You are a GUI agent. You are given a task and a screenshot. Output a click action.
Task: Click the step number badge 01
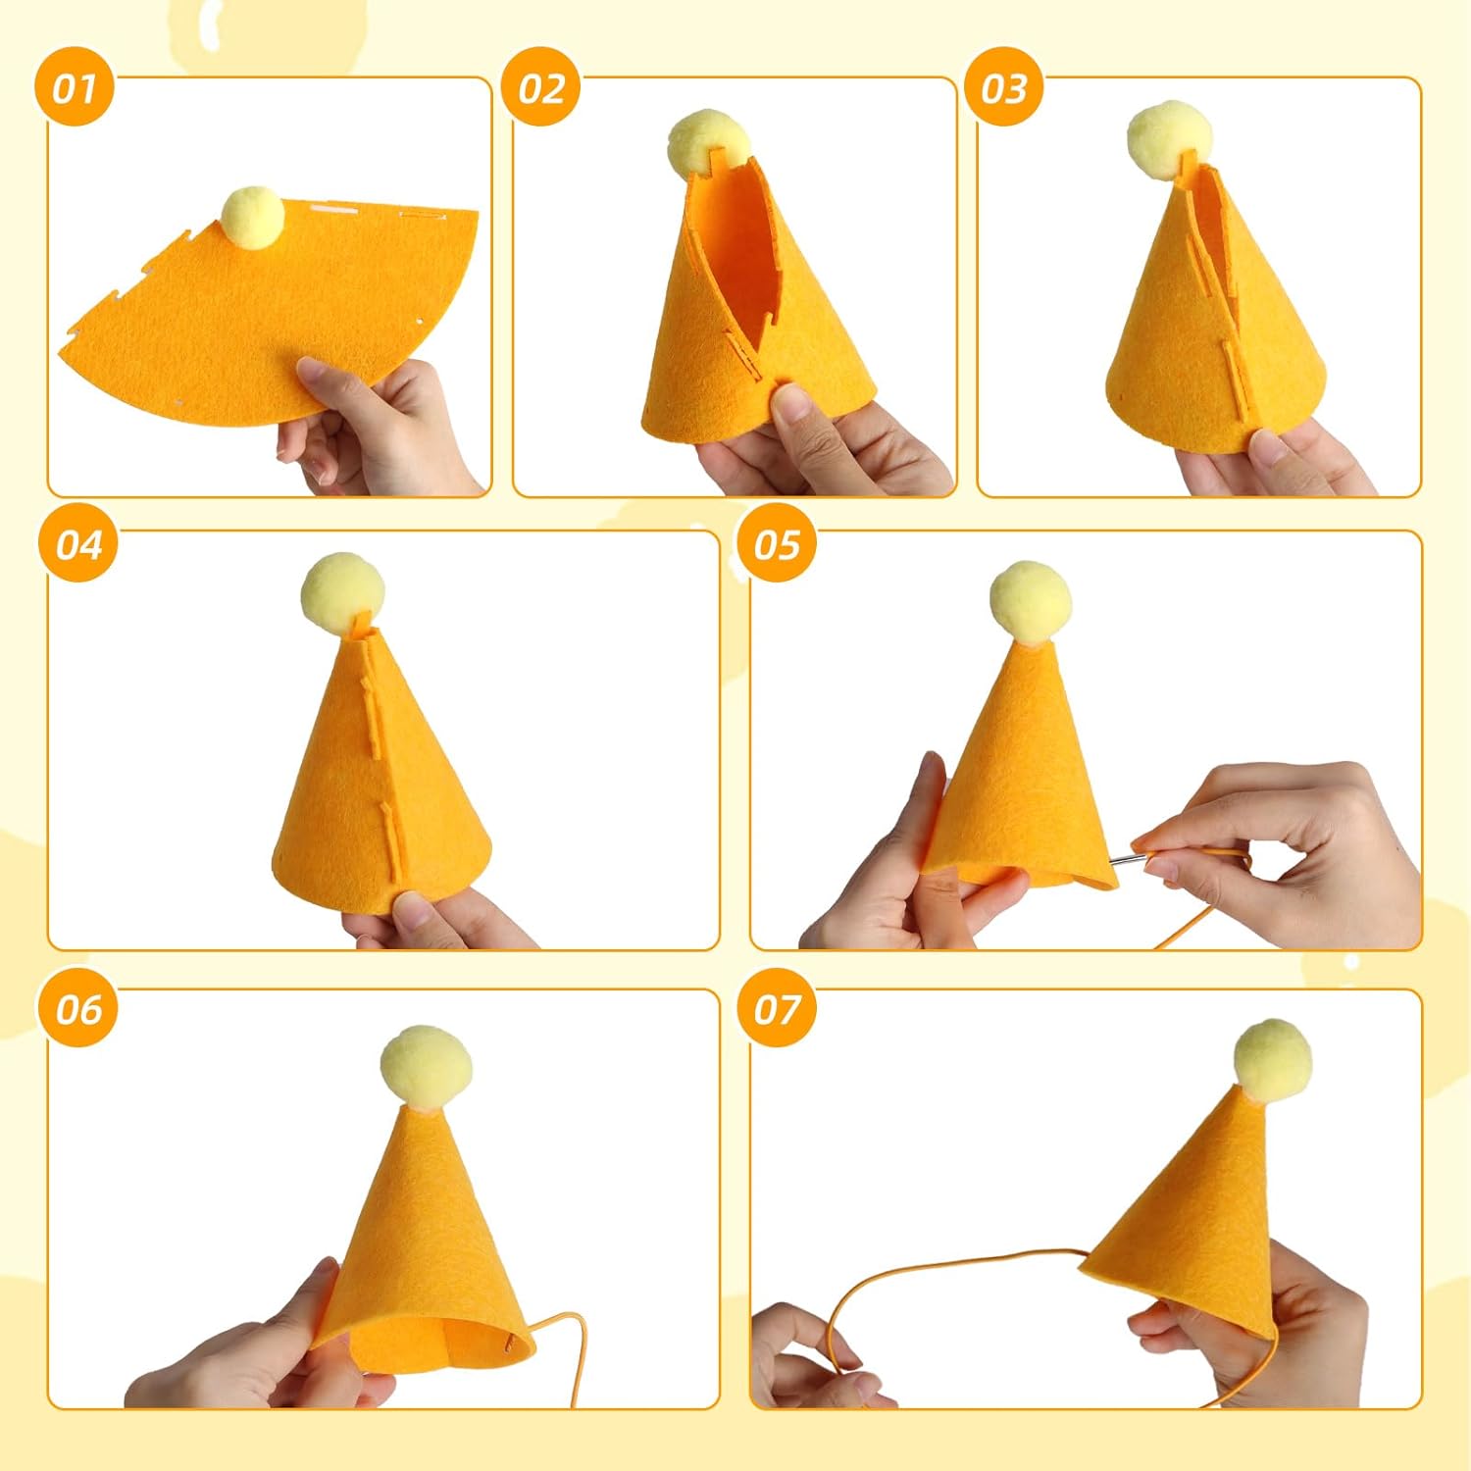coord(76,88)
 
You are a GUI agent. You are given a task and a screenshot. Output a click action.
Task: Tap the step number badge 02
coord(540,88)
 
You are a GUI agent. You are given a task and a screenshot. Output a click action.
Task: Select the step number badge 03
coord(1004,88)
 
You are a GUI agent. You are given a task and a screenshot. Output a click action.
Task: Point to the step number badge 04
coord(78,543)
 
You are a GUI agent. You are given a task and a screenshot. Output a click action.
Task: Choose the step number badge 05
coord(778,543)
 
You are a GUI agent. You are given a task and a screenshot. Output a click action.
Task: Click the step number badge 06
coord(78,1007)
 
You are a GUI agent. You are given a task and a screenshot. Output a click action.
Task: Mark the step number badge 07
coord(778,1007)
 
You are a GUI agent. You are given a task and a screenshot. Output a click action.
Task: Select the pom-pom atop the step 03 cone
coord(1170,140)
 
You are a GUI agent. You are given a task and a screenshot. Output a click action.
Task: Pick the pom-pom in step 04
coord(342,593)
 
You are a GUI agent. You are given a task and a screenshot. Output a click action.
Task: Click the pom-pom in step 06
coord(426,1067)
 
